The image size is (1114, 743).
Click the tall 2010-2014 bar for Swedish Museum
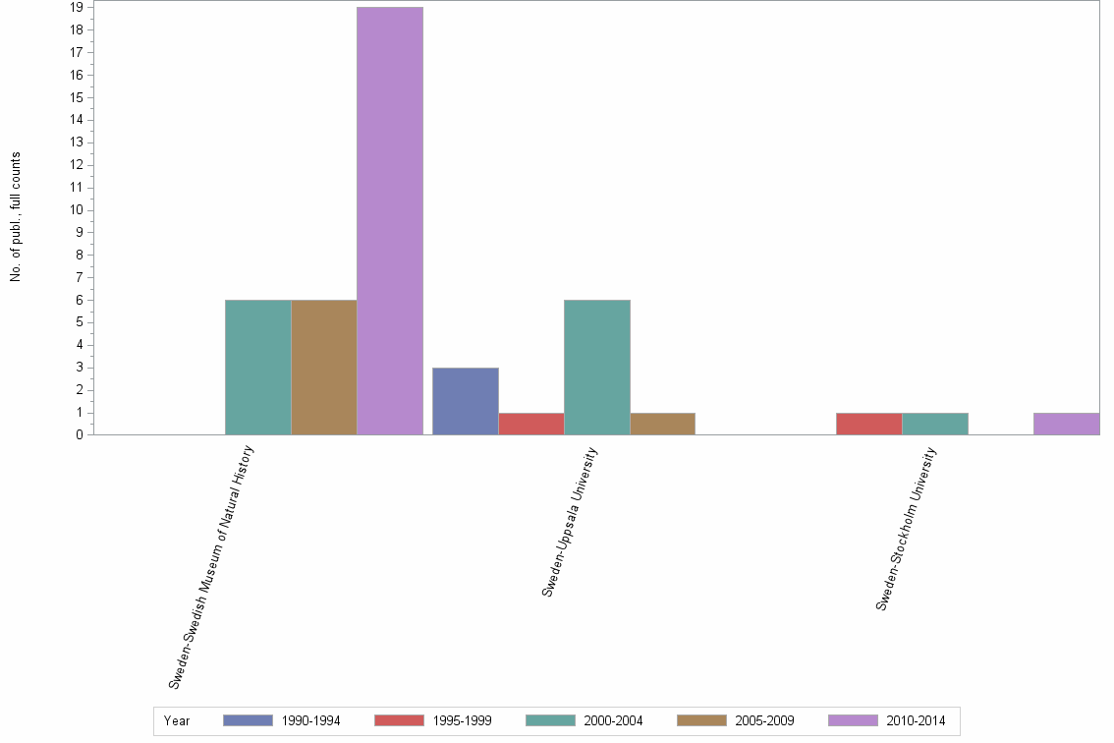point(389,221)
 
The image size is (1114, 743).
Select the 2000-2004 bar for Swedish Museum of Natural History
point(257,367)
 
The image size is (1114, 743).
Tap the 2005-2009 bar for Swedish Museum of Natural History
point(323,367)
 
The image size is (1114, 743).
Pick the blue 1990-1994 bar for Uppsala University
point(466,401)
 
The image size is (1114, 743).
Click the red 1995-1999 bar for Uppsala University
point(531,424)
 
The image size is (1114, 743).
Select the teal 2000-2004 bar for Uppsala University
point(597,367)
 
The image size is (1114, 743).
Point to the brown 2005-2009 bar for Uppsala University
point(662,424)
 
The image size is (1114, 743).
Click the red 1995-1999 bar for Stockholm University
point(868,424)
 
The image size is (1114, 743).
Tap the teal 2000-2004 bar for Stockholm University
point(934,424)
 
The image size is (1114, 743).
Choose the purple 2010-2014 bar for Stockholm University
point(1066,424)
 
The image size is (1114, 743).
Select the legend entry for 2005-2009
point(736,721)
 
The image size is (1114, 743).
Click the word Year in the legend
point(177,721)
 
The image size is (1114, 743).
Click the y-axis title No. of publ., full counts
point(16,217)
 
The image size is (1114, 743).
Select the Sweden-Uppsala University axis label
point(570,521)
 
